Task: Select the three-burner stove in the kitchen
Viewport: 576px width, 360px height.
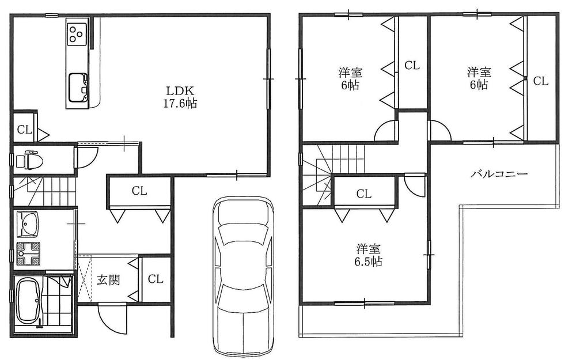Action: tap(77, 34)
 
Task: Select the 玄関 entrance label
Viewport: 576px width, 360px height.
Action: tap(108, 281)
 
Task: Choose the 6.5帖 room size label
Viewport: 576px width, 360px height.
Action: tap(369, 262)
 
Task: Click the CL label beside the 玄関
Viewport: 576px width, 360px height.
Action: tap(155, 279)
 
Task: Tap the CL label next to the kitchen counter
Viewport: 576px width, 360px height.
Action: tap(24, 129)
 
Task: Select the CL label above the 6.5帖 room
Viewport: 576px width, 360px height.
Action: tap(363, 194)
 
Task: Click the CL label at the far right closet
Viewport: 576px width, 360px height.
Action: tap(540, 81)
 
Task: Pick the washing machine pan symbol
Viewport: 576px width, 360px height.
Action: tap(29, 253)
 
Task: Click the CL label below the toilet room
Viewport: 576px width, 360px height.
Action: tap(138, 191)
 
